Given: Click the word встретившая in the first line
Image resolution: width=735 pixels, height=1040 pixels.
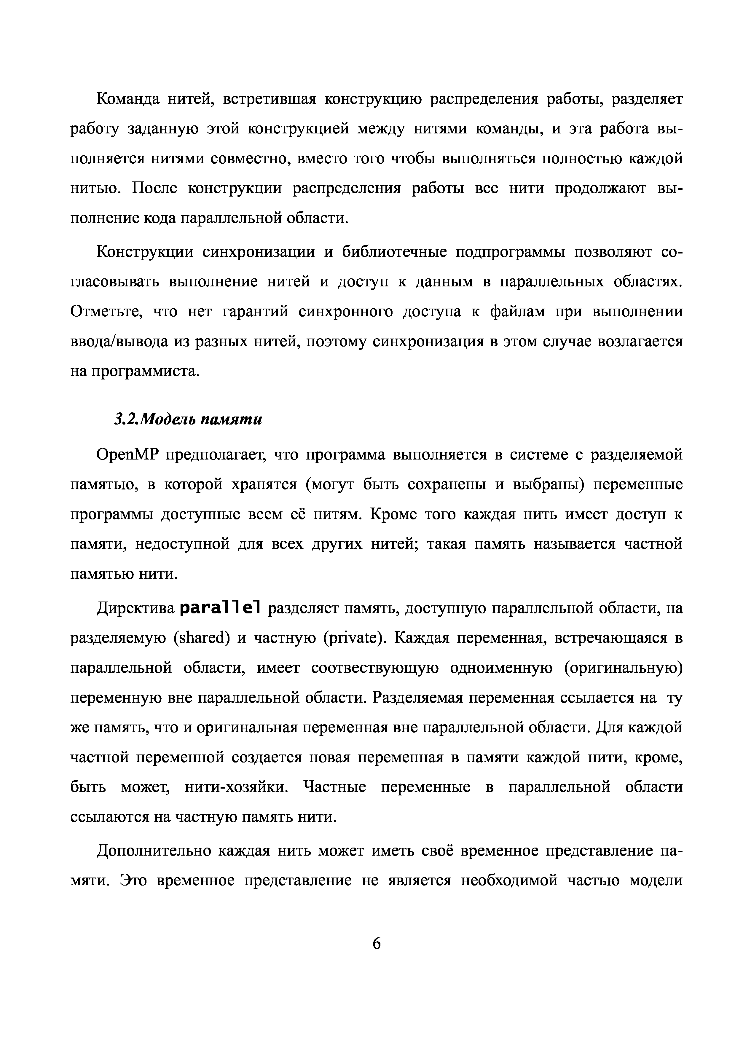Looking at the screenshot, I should pos(269,99).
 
